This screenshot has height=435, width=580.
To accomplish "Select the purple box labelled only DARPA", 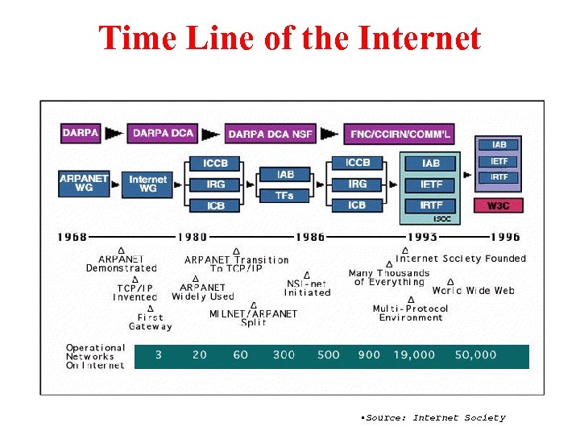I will point(81,133).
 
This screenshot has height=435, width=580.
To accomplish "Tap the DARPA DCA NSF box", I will point(271,134).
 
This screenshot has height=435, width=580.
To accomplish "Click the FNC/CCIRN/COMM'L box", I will point(398,134).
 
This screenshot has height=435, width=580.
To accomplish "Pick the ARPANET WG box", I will point(84,184).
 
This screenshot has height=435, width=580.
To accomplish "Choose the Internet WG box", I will point(147,184).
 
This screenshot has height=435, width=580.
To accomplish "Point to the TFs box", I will point(284,196).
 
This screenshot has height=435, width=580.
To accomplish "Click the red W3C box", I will point(499,205).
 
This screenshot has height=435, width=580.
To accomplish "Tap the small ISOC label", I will point(442,218).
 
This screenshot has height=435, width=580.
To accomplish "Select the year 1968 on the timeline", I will point(72,237).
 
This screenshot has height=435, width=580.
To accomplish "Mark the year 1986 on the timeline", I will point(310,237).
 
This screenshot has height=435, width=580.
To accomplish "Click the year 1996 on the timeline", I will point(505,237).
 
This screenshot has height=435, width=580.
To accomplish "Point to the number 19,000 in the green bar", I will point(414,355).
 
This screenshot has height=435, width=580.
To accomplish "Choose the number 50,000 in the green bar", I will point(475,355).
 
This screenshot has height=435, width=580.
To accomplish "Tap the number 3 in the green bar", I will point(158,355).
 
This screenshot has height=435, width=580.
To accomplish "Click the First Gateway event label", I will point(150,322).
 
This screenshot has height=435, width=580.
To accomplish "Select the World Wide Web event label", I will point(473,291).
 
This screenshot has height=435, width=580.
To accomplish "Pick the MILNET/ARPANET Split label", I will point(253,318).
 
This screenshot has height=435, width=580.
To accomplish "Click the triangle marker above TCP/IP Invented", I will point(135,278).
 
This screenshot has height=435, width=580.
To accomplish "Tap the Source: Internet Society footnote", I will point(434,417).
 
